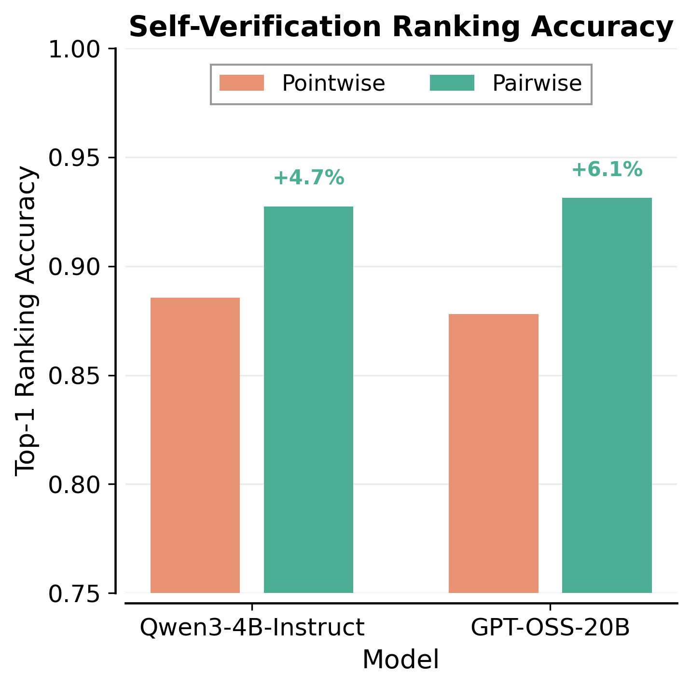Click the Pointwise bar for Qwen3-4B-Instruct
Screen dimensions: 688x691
click(195, 445)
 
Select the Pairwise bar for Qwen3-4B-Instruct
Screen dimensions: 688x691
click(308, 399)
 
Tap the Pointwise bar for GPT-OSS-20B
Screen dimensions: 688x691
click(493, 453)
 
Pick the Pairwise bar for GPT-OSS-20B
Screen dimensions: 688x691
click(607, 395)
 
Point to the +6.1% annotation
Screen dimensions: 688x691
click(607, 170)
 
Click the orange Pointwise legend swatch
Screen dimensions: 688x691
click(242, 83)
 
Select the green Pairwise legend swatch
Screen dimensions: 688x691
click(452, 83)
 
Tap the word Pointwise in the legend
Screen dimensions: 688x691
click(333, 83)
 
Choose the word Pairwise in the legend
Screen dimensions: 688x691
click(537, 83)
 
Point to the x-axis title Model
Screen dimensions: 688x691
click(401, 660)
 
